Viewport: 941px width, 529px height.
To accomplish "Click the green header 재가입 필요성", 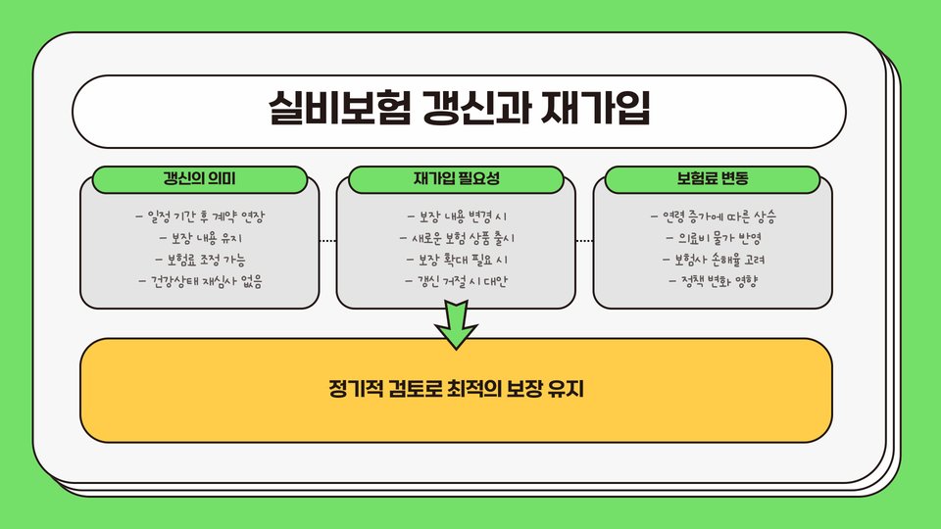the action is pos(457,179).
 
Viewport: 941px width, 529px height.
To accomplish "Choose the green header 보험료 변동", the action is pos(713,179).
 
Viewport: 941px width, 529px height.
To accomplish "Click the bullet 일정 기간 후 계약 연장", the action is pos(206,216).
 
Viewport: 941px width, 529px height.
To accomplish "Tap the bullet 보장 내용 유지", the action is pos(200,238).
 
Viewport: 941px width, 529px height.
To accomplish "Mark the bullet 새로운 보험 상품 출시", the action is pos(457,238).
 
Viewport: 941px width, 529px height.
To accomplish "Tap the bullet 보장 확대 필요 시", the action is pos(457,261).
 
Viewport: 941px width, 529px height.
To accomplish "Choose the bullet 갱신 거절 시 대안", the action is pos(457,282).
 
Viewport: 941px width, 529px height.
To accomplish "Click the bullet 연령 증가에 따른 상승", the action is pos(713,216).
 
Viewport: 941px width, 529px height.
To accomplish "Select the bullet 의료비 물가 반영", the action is pos(713,238).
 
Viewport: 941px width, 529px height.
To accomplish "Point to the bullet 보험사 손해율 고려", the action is pos(713,261).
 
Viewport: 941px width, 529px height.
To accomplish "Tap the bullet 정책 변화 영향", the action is pos(713,282).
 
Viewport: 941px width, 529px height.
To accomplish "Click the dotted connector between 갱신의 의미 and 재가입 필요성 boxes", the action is pos(327,240).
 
